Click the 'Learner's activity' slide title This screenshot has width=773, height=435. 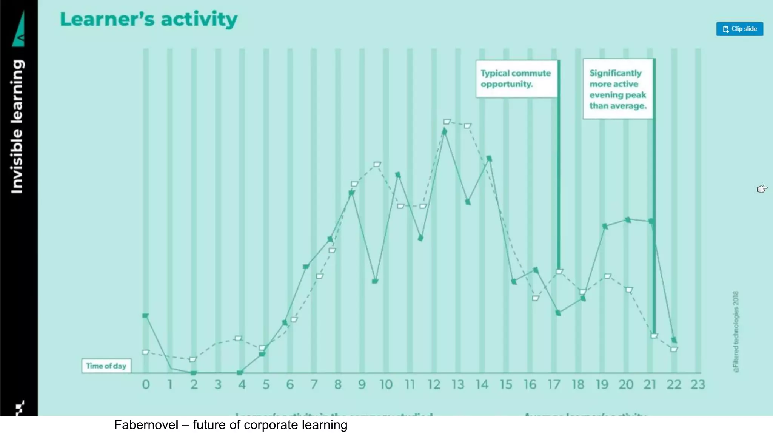(149, 20)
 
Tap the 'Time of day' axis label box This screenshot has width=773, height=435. (106, 366)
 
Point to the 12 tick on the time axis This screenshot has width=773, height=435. (434, 384)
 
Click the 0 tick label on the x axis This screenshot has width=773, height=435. (146, 384)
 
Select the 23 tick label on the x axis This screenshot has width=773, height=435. (698, 384)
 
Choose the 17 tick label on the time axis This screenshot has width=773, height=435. (554, 384)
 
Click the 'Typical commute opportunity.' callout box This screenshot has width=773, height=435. (516, 79)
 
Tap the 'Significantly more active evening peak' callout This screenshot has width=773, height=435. (617, 89)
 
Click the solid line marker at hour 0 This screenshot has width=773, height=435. (146, 316)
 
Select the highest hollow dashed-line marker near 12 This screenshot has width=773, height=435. (447, 122)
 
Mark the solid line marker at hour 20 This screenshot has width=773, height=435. (628, 220)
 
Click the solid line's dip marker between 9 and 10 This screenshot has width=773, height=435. (375, 281)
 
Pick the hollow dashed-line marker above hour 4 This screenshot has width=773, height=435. (238, 338)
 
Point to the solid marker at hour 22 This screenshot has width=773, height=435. (674, 340)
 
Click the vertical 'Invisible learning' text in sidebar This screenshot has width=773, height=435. (17, 126)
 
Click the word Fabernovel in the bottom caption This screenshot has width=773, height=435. (146, 425)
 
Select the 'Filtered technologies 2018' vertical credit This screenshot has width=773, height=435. (736, 332)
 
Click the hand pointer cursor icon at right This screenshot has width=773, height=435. (762, 188)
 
